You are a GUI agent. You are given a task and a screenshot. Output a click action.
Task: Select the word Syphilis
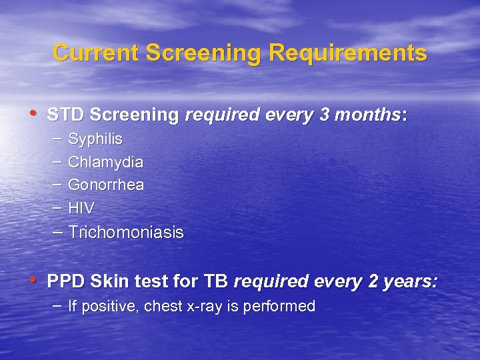[95, 139]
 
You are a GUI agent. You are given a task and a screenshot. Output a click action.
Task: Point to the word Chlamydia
[105, 162]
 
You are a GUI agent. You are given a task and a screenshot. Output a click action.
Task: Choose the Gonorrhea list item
[106, 185]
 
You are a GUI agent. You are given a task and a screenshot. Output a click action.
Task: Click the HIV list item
[81, 208]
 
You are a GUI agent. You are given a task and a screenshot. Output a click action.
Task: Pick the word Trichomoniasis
[125, 233]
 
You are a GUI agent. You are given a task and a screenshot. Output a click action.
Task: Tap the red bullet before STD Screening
[34, 114]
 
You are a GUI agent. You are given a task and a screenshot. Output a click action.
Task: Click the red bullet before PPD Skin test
[34, 280]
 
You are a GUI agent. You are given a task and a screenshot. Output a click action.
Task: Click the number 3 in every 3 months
[325, 115]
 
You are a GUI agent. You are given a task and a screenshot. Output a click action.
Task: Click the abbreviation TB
[216, 281]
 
